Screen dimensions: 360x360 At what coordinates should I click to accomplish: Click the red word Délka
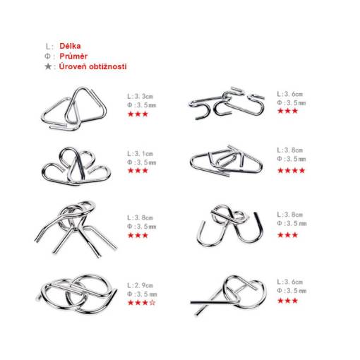(70, 46)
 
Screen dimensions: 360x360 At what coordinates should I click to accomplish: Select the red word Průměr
(73, 56)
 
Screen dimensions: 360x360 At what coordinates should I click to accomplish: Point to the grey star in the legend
(48, 66)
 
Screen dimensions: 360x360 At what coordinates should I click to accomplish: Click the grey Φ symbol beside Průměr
(47, 56)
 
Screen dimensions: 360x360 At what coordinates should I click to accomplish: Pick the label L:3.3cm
(140, 96)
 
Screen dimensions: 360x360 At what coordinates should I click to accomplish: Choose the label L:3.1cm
(140, 154)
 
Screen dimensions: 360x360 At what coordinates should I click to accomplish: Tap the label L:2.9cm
(140, 285)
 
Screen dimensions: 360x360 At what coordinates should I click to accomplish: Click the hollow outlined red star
(152, 302)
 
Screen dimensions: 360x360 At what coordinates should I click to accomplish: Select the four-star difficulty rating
(291, 170)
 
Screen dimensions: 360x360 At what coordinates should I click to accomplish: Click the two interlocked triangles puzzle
(74, 109)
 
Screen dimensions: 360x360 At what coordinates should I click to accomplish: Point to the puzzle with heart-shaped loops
(76, 166)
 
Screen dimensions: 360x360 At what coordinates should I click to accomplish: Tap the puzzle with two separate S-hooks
(227, 103)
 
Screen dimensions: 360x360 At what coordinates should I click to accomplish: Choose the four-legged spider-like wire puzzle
(76, 229)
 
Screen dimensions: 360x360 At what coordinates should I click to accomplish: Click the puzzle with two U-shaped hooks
(229, 225)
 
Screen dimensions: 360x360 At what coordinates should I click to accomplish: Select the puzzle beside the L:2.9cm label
(76, 294)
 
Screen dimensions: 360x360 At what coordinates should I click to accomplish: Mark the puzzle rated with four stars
(226, 161)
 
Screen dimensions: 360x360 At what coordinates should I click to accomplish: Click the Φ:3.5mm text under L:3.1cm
(142, 162)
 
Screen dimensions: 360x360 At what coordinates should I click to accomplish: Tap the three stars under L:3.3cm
(138, 114)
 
